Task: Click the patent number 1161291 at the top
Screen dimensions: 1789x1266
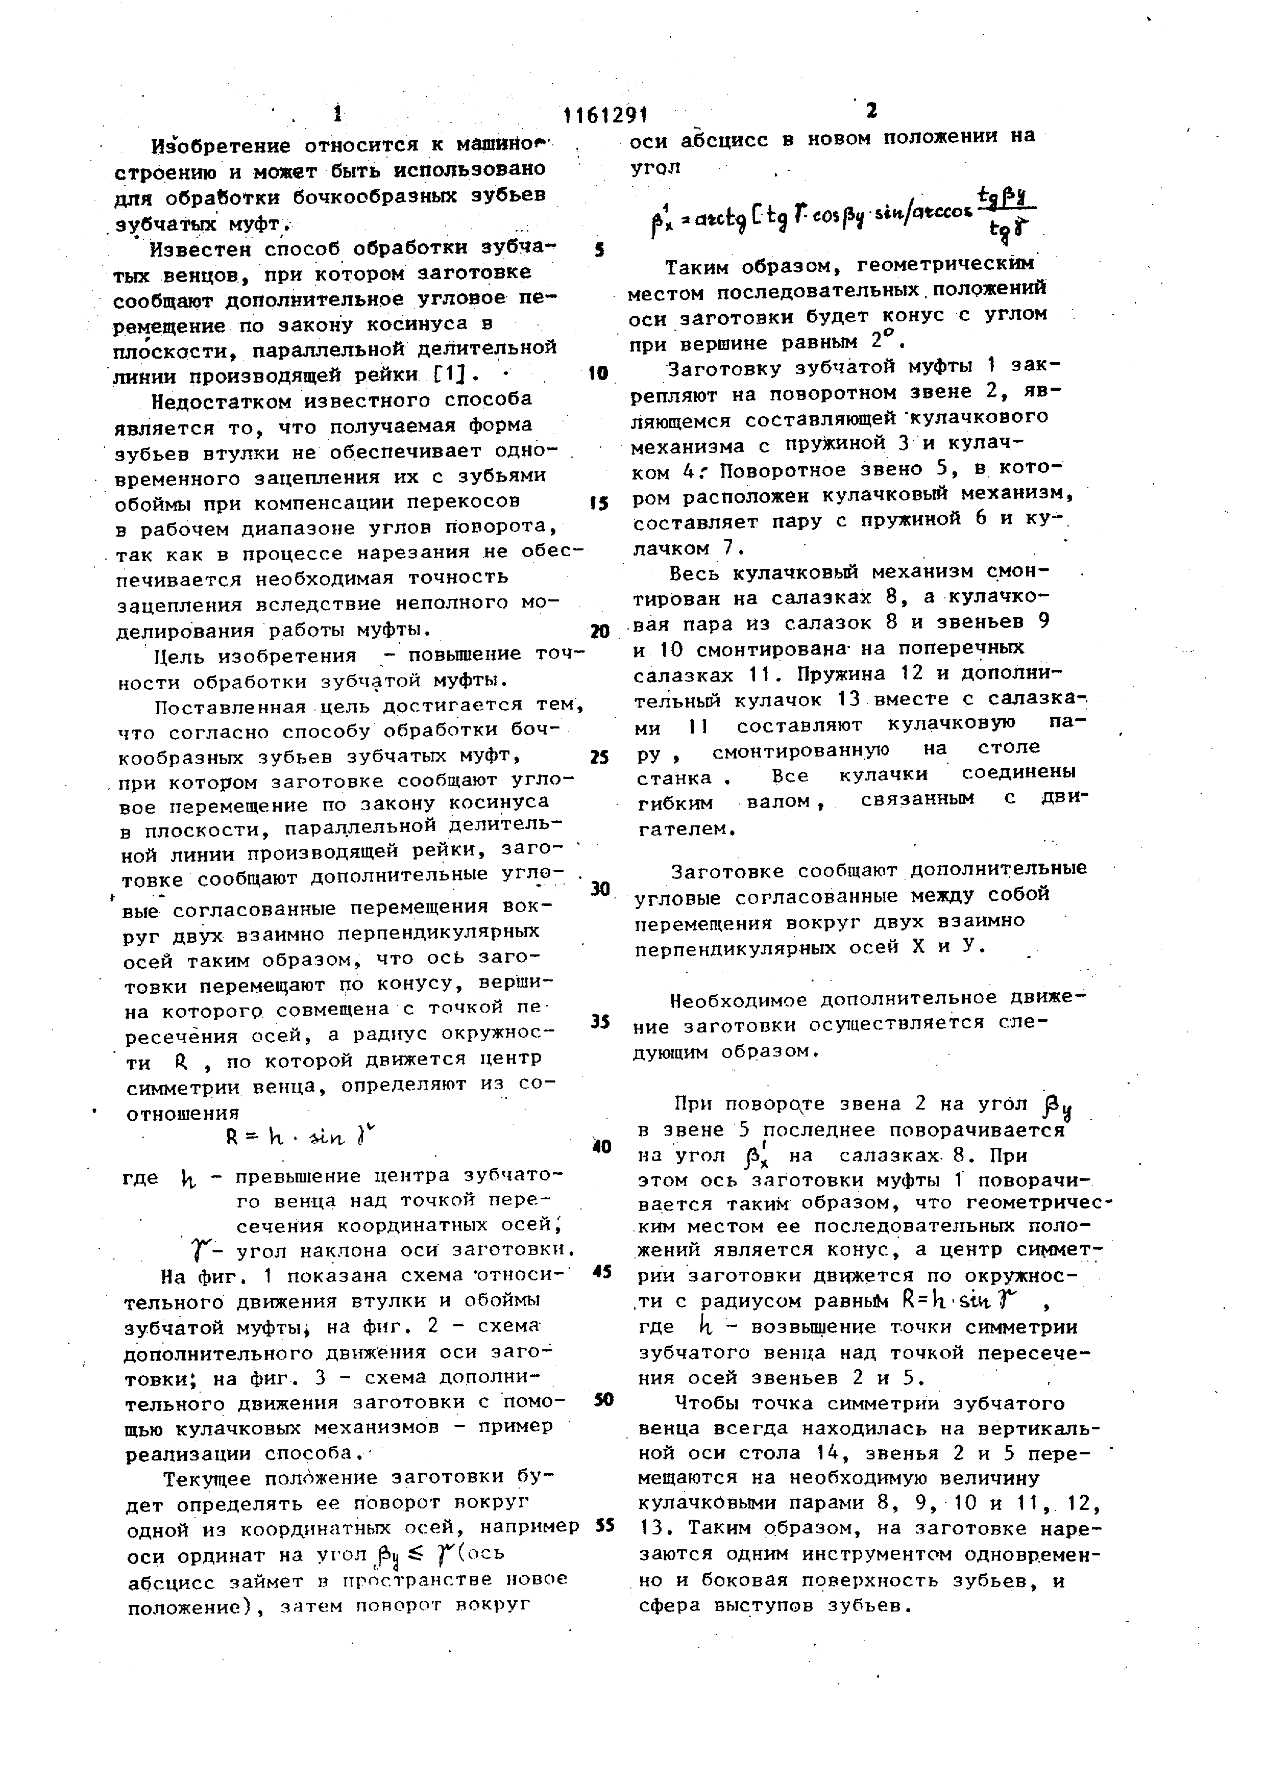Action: click(x=606, y=115)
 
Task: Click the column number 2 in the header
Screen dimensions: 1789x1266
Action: click(x=871, y=111)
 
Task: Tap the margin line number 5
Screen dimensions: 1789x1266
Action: click(x=599, y=251)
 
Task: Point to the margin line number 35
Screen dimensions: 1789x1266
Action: click(x=599, y=1021)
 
